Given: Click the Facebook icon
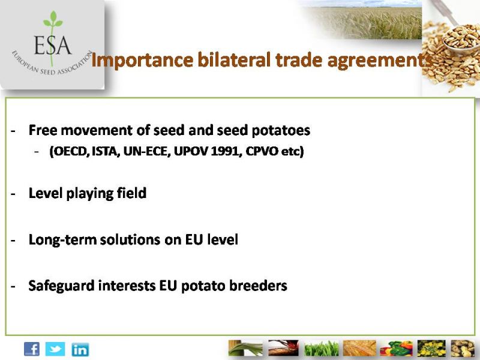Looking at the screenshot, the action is point(32,349).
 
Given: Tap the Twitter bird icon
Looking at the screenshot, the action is point(55,349).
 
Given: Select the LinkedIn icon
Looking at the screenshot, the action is point(80,350).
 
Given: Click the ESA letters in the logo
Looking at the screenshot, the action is point(53,46).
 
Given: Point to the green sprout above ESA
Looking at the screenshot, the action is point(53,20).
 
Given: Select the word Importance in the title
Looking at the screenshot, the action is point(142,61).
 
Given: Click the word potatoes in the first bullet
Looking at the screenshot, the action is point(281,131).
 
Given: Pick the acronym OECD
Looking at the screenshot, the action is point(69,151).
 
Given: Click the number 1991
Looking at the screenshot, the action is point(224,151).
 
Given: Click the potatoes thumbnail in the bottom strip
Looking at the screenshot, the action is point(462,349).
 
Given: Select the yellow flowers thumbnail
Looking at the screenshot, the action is point(431,349).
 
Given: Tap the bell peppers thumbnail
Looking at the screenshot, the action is point(396,349).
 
